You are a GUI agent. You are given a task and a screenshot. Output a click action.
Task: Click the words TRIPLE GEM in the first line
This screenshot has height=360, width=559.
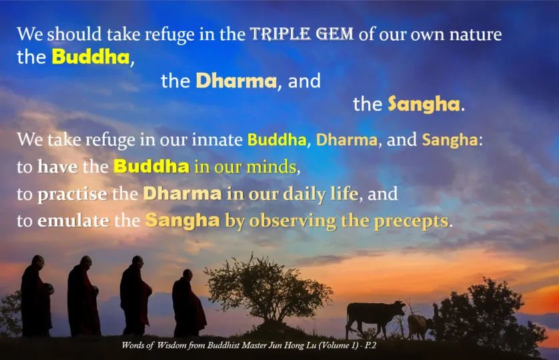coord(302,34)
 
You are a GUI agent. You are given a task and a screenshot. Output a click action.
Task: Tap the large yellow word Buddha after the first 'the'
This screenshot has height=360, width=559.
coord(91,57)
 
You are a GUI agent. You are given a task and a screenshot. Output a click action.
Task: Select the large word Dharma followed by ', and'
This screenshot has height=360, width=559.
coord(236,81)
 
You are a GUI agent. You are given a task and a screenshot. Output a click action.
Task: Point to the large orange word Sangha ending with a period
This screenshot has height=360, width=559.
coord(424,105)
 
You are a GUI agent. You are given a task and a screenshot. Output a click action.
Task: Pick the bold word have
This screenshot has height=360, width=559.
coord(57,167)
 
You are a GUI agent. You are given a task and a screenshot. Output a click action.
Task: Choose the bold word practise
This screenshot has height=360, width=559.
coord(72,194)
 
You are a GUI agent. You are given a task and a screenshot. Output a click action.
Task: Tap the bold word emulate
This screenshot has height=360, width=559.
coord(73,221)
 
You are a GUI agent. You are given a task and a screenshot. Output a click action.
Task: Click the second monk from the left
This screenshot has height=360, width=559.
coord(83,296)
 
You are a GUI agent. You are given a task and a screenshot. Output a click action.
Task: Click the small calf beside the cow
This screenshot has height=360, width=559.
coord(420,326)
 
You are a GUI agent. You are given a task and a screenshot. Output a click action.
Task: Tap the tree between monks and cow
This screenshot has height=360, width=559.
coord(268,291)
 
